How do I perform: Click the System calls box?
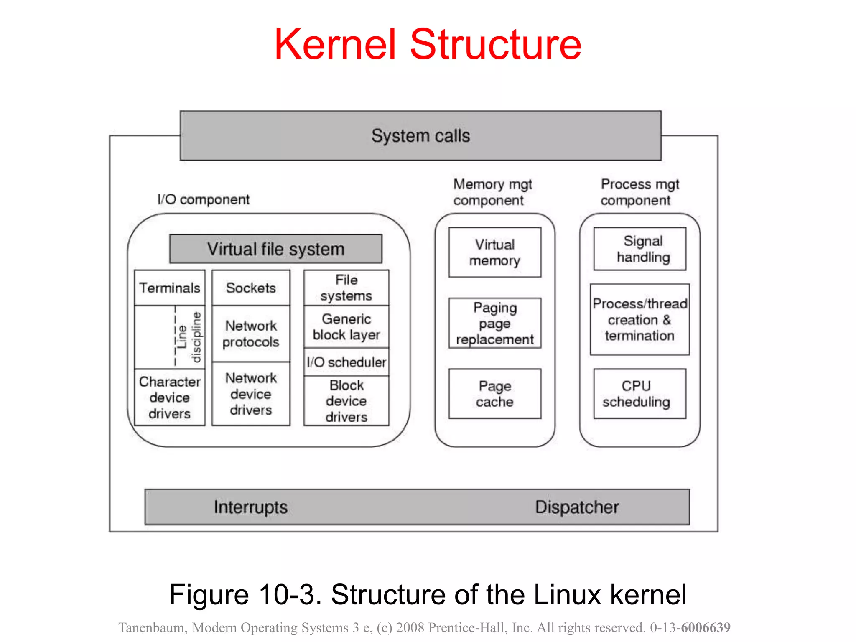(x=420, y=136)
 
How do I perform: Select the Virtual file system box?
(x=275, y=249)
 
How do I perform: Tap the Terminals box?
(x=170, y=288)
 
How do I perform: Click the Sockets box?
(x=251, y=288)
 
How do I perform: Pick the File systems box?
(x=346, y=288)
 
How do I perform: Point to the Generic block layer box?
(x=346, y=327)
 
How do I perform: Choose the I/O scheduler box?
(x=346, y=362)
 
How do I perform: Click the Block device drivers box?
(x=346, y=401)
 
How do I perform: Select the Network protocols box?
(x=251, y=334)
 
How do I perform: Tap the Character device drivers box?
(x=170, y=397)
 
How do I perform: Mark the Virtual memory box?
(x=495, y=252)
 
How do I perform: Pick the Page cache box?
(x=495, y=394)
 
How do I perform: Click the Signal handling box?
(x=640, y=249)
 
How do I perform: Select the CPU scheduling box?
(x=640, y=394)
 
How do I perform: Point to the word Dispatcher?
(x=577, y=507)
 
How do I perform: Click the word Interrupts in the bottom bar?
(x=251, y=507)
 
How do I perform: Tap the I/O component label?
(x=203, y=199)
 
